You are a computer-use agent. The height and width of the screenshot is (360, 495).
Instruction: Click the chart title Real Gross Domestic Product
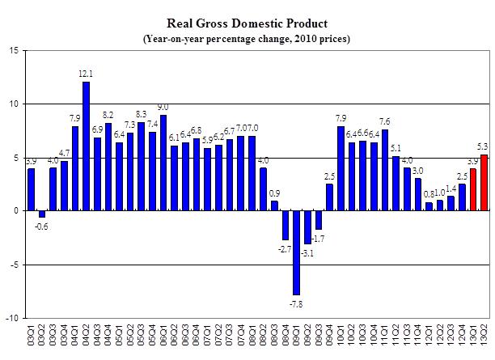tap(247, 23)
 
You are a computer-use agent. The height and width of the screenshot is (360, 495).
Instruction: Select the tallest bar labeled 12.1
tap(86, 146)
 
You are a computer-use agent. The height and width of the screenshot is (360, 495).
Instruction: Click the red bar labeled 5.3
tap(484, 183)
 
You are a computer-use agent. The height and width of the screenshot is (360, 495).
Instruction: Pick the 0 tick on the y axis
tap(17, 211)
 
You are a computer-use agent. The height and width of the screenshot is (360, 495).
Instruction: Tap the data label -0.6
tap(42, 226)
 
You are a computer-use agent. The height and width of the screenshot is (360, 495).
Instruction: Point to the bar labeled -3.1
tap(308, 227)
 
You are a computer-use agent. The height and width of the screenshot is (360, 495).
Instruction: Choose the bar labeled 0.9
tap(274, 206)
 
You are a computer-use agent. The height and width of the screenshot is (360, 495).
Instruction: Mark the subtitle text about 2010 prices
tap(247, 39)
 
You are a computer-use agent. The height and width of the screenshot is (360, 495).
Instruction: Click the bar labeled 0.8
tap(429, 207)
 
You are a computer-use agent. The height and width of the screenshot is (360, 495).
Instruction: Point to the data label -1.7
tap(320, 239)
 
